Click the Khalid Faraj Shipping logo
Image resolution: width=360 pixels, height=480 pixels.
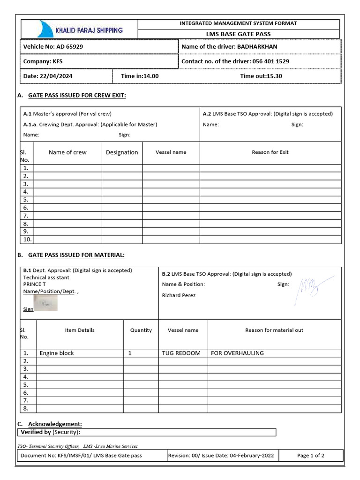80,29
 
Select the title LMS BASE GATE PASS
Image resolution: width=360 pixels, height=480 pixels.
239,34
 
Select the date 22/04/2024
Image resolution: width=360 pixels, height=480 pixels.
56,76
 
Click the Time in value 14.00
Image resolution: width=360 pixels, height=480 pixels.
151,76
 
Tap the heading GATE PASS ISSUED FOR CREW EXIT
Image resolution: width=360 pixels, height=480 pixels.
77,96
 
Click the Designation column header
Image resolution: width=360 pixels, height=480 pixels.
122,152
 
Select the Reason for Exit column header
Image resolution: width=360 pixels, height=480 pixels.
270,152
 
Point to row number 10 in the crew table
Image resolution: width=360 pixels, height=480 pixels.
27,240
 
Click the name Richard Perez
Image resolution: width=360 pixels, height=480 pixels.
179,295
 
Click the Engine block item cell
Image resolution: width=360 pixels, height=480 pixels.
57,353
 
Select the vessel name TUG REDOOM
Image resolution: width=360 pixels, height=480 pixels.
181,353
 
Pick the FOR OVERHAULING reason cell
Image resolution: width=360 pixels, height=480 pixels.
237,353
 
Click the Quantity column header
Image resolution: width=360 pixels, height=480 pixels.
141,330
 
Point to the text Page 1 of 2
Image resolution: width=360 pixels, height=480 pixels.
311,455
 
